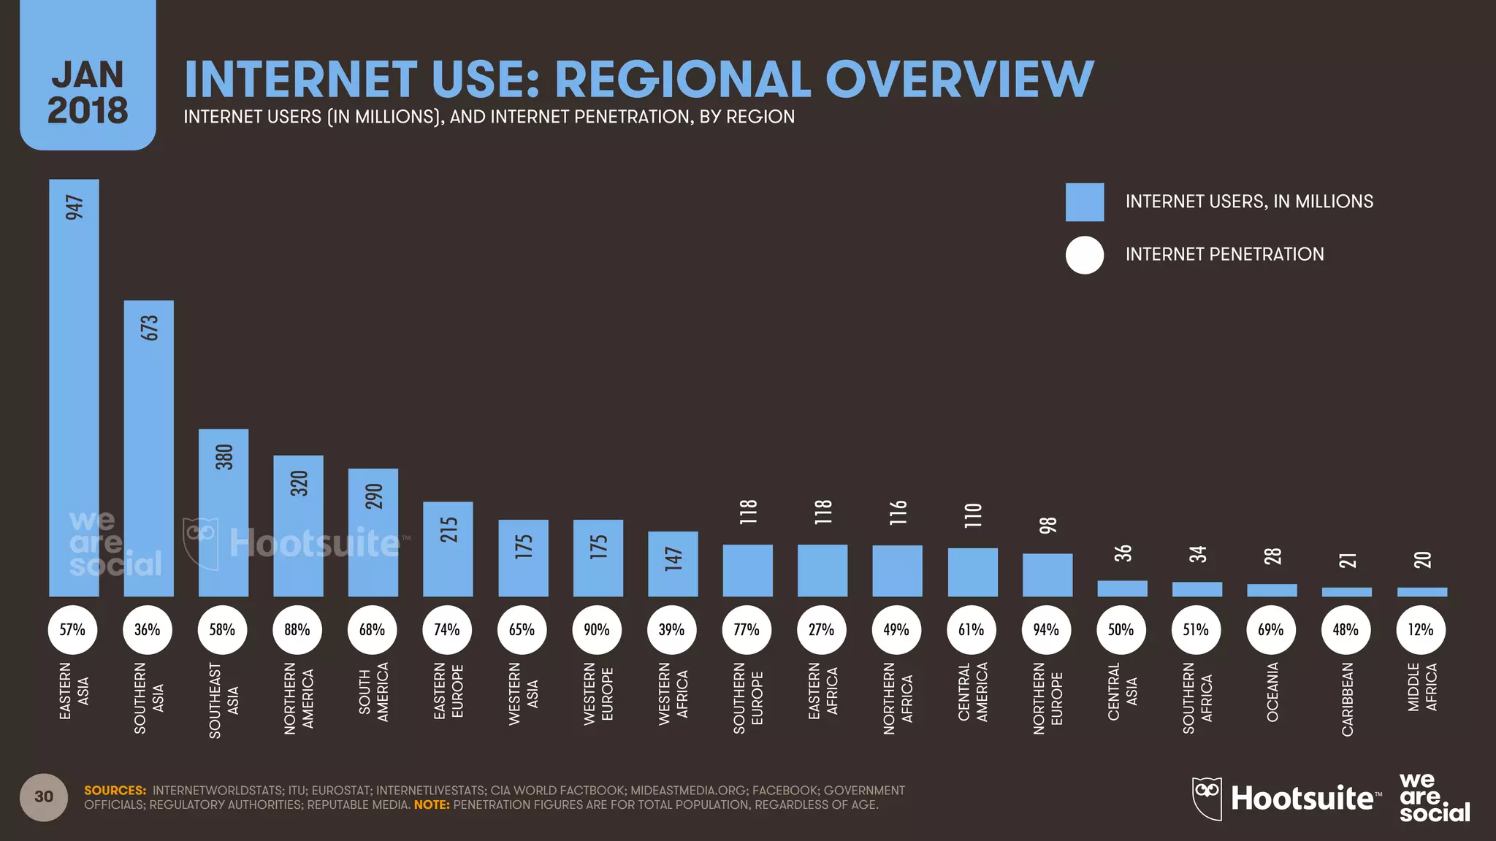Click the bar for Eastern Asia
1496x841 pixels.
coord(74,387)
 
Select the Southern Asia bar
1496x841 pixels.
coord(148,448)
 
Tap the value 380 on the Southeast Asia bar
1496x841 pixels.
coord(224,457)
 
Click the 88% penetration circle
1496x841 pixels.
coord(297,629)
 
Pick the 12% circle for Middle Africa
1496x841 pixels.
coord(1421,629)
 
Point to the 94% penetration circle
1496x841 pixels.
coord(1046,629)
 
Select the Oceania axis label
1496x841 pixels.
coord(1272,692)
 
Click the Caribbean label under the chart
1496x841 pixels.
coord(1347,699)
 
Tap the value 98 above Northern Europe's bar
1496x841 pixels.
coord(1047,525)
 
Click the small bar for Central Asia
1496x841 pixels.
coord(1122,588)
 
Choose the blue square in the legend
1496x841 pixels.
coord(1084,202)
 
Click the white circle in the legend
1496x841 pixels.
coord(1084,255)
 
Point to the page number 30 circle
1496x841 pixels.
coord(44,796)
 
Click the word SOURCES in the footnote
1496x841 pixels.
coord(115,791)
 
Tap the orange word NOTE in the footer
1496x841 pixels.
coord(431,805)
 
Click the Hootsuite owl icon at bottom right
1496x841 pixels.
coord(1207,797)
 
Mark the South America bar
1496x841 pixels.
coord(373,532)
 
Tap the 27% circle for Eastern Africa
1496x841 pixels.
coord(821,629)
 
